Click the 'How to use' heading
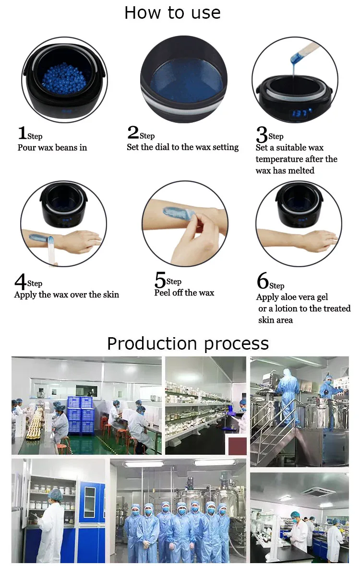[x=173, y=12]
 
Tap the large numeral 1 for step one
[x=23, y=132]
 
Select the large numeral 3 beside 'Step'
[x=262, y=134]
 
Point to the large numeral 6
[x=263, y=281]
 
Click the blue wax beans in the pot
[x=64, y=79]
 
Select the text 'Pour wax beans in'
[x=52, y=148]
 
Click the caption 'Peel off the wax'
[x=184, y=293]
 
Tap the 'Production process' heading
[x=188, y=343]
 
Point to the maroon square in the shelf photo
[x=237, y=446]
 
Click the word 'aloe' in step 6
[x=288, y=297]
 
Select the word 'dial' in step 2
[x=162, y=147]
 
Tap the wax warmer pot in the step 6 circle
[x=299, y=205]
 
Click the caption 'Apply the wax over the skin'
[x=66, y=295]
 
